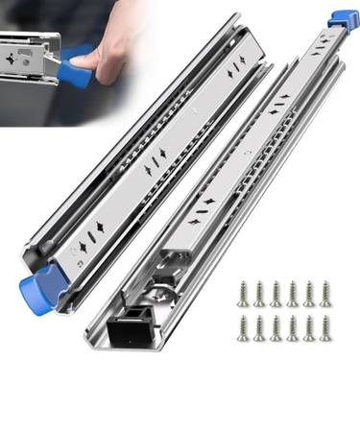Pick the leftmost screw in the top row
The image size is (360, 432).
243,293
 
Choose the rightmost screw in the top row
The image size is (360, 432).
325,293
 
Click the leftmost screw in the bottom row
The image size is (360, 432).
243,327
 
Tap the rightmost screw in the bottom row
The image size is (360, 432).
325,327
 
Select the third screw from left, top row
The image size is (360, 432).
276,293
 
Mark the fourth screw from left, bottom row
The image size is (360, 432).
292,327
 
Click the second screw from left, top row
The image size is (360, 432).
259,293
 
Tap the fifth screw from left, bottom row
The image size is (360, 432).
309,327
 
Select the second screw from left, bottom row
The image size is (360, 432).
259,327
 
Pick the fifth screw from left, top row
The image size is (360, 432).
309,293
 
